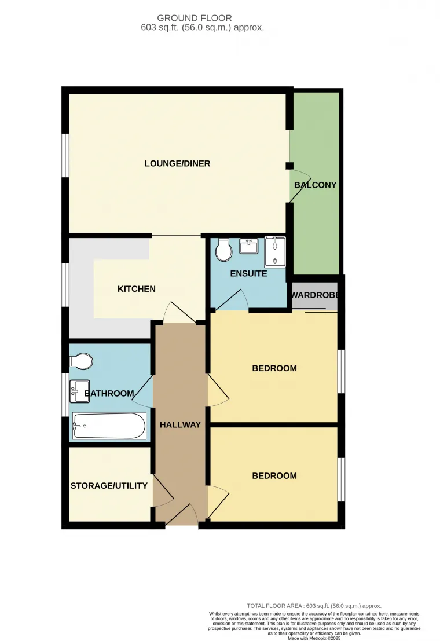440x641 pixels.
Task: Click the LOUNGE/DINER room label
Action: (177, 164)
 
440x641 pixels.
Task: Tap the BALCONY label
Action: (315, 185)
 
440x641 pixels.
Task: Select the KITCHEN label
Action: (137, 289)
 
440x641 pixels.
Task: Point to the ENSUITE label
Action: (248, 273)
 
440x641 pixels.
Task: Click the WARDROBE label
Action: (315, 295)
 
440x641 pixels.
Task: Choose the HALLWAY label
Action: (180, 424)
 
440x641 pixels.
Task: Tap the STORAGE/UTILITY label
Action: (109, 486)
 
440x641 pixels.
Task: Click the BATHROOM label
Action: (109, 394)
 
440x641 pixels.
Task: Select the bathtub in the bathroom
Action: (109, 427)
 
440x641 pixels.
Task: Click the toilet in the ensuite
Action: (223, 250)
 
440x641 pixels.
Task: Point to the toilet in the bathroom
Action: (81, 361)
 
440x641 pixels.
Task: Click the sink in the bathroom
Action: (79, 391)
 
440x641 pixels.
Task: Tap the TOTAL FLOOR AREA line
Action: (314, 606)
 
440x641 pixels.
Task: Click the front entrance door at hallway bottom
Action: (181, 514)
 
